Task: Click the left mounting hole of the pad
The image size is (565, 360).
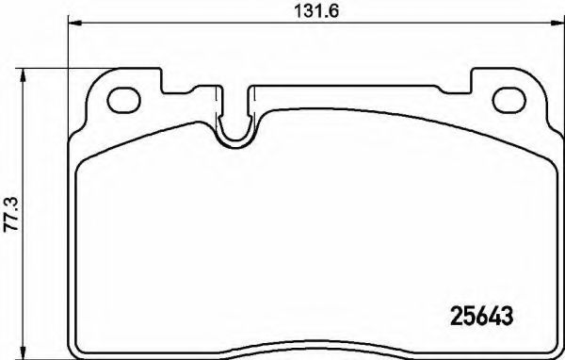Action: point(122,98)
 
